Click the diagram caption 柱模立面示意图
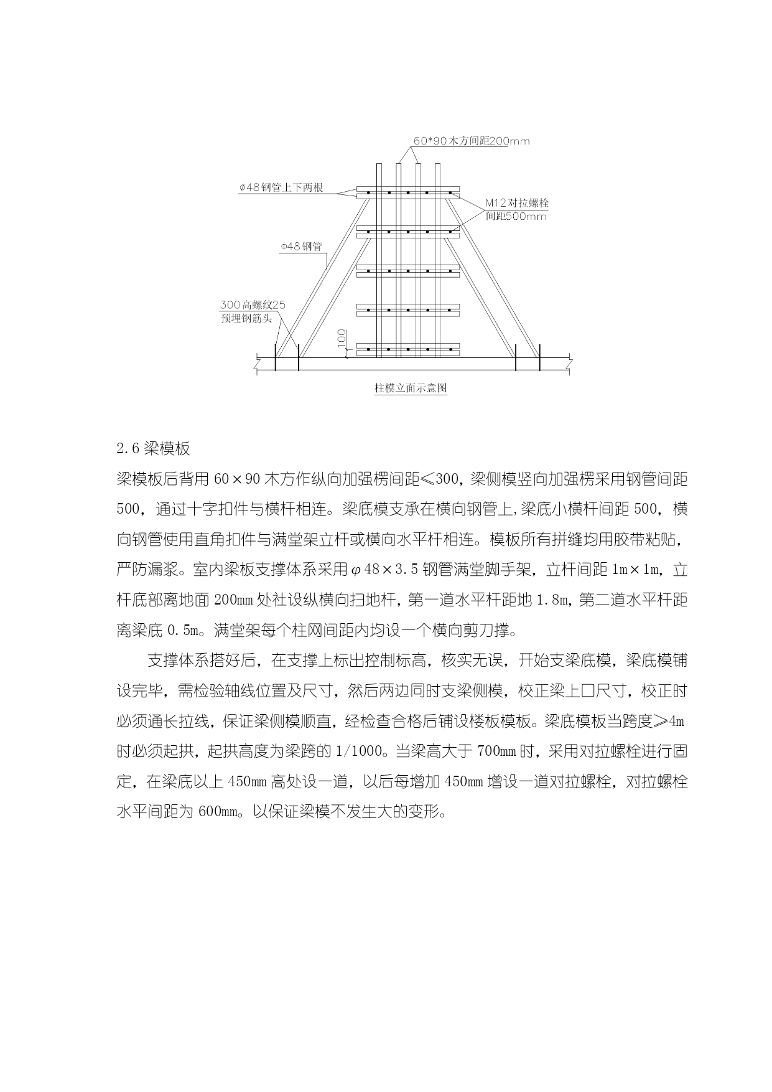point(410,388)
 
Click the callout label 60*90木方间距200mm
point(472,141)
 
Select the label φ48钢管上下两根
point(281,188)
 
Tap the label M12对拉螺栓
point(518,204)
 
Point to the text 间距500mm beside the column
point(516,216)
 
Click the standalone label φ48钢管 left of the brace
point(301,247)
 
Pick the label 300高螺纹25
point(252,306)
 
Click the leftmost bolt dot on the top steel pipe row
point(368,193)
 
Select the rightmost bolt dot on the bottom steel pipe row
point(448,349)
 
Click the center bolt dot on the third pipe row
point(408,271)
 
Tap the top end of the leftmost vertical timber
point(378,165)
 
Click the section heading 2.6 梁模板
point(153,448)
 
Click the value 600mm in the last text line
point(218,812)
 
